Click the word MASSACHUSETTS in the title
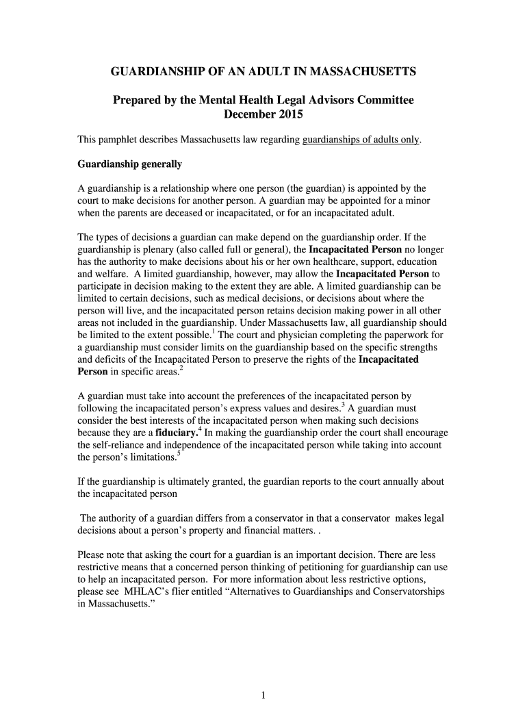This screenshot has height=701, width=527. tap(359, 71)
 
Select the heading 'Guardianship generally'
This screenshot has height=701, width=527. tap(129, 164)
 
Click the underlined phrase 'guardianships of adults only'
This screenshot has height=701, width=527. tap(361, 140)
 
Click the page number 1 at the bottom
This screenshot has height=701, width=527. tap(263, 696)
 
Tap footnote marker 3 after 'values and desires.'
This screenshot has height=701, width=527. tap(342, 405)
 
